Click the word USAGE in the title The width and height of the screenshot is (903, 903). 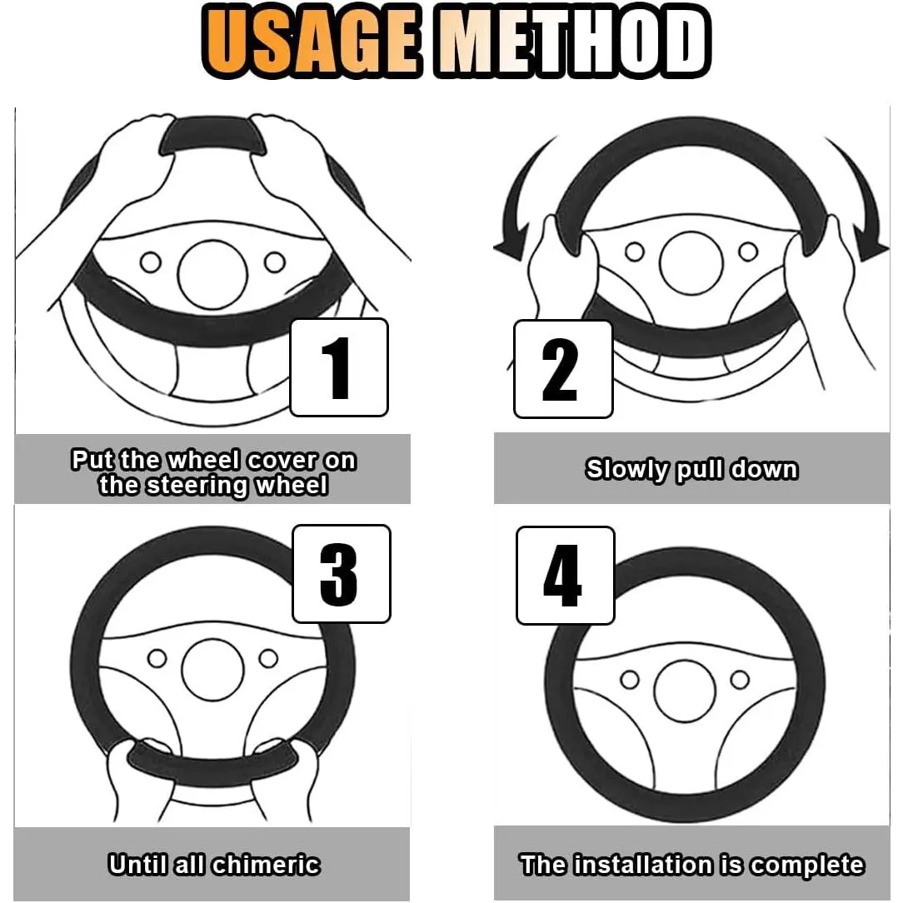pos(311,42)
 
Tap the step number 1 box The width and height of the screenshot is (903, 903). pos(339,367)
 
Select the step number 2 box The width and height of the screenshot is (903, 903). pos(562,369)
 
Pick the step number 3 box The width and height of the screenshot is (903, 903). pos(342,574)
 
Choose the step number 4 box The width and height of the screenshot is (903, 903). pos(566,576)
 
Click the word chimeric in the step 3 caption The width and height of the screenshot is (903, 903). pos(266,865)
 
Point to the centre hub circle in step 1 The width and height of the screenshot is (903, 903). pos(212,275)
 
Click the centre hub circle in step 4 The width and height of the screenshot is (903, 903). pos(685,691)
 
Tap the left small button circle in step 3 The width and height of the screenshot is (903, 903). pos(157,658)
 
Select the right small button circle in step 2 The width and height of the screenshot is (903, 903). pos(748,252)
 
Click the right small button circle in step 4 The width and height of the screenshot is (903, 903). pos(740,680)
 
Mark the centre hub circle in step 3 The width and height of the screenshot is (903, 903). pos(212,669)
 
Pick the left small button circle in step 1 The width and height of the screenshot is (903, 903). pos(151,262)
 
